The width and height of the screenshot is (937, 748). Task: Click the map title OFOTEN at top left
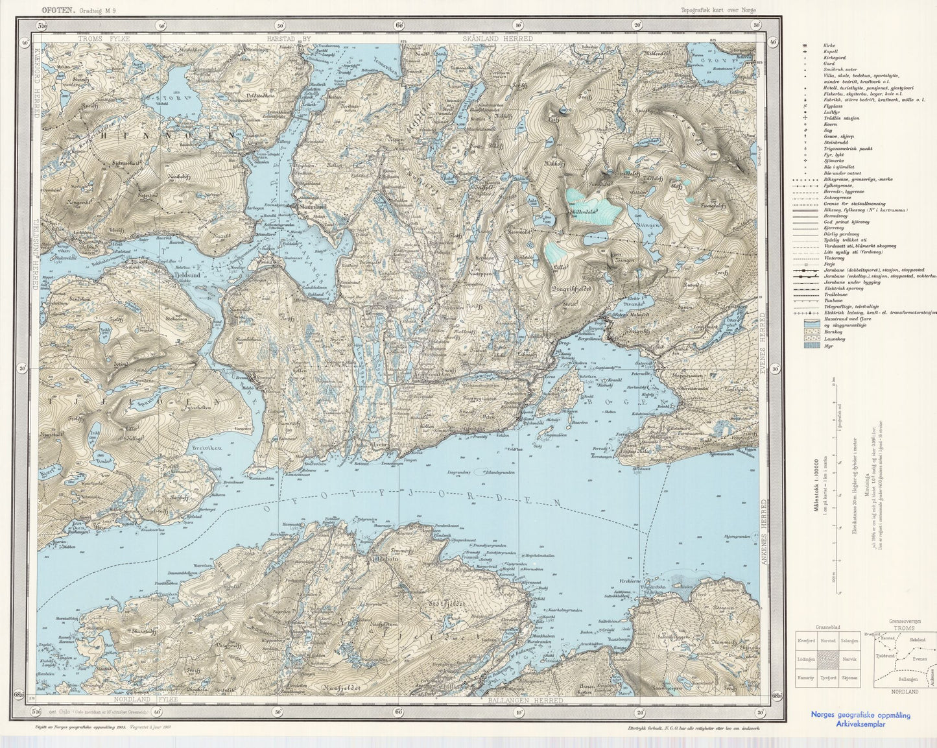pos(58,10)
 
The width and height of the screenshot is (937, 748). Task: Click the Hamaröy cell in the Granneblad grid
pos(807,677)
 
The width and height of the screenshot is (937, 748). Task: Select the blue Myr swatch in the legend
pos(810,346)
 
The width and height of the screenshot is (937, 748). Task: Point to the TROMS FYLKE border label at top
pos(104,39)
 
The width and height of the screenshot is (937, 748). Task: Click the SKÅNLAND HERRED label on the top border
pos(498,39)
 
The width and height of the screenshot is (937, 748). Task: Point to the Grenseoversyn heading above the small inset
pos(904,621)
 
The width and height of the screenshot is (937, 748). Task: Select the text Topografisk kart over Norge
pos(718,10)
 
